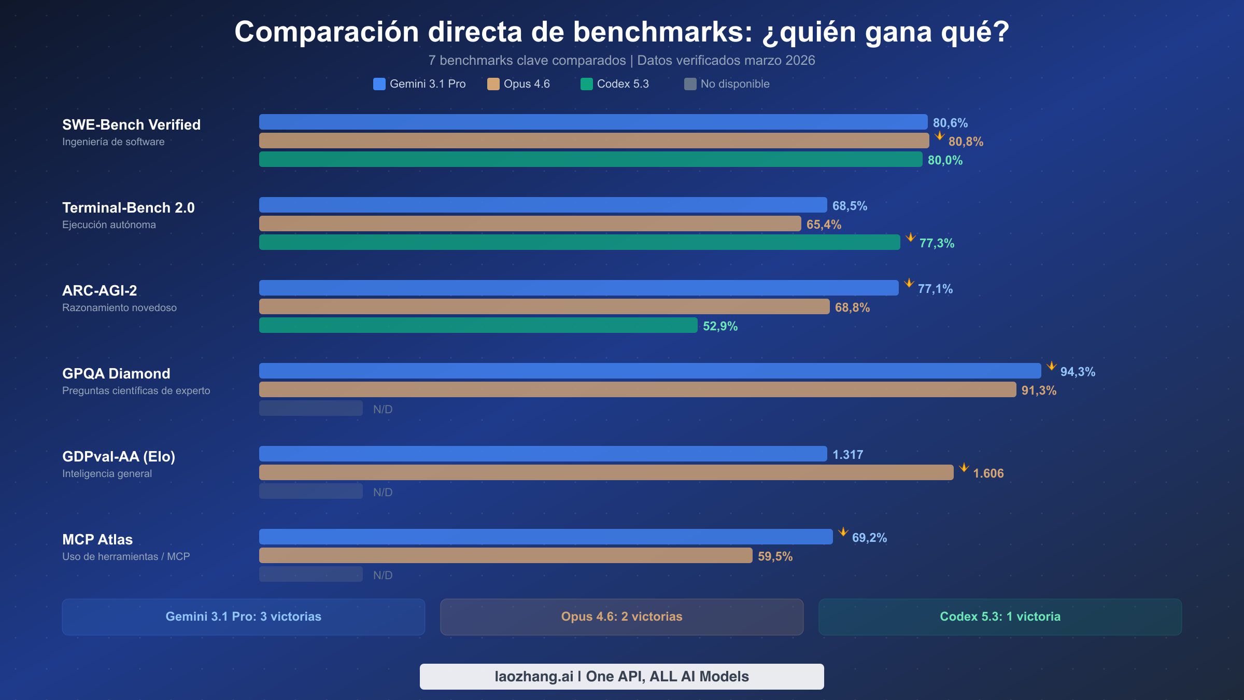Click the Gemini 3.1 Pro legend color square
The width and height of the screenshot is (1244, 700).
(x=379, y=84)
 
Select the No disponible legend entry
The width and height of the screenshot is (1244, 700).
(x=727, y=84)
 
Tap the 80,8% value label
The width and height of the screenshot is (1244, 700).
(x=966, y=142)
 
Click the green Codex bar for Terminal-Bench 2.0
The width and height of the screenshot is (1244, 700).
(x=579, y=242)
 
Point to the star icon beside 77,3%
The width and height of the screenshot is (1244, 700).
(x=910, y=237)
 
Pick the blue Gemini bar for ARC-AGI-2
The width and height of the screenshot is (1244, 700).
(x=578, y=288)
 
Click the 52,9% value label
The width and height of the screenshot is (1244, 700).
(x=720, y=326)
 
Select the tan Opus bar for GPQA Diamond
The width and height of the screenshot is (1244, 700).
(x=638, y=389)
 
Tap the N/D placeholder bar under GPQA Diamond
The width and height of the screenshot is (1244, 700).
(x=311, y=408)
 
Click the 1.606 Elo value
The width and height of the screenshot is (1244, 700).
(x=988, y=473)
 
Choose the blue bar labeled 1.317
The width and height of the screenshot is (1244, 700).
(x=543, y=454)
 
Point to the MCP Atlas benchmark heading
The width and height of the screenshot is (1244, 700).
(x=97, y=539)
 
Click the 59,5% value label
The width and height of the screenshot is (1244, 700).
(x=775, y=556)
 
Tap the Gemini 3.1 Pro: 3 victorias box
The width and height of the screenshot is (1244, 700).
(x=244, y=617)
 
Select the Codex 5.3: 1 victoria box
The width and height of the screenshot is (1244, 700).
(x=1000, y=617)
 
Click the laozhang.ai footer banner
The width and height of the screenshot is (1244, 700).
(x=621, y=677)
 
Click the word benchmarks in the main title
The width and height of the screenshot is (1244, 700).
(x=662, y=32)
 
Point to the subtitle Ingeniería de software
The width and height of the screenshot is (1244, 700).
(x=114, y=142)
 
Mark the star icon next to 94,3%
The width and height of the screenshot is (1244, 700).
(x=1051, y=366)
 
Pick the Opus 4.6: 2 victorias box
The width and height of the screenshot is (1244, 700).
(x=621, y=617)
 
